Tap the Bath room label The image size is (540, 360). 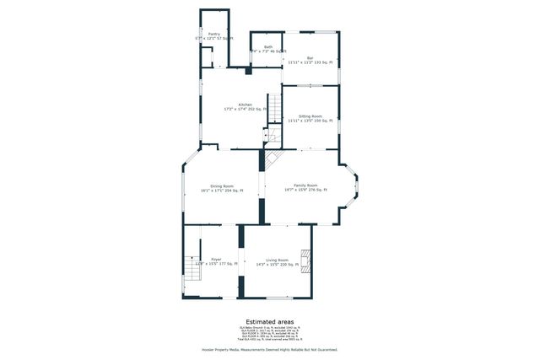(268, 47)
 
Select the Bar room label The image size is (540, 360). (310, 58)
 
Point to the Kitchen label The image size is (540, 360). (245, 105)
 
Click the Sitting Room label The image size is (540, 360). (310, 116)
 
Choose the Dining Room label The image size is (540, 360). (222, 185)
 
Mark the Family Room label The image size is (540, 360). (305, 185)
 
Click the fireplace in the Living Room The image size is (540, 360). (307, 263)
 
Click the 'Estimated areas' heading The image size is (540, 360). (270, 321)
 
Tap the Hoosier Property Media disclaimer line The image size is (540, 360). (270, 348)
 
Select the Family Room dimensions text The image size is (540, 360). (305, 191)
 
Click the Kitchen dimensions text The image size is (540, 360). (245, 110)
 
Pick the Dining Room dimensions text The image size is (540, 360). (222, 191)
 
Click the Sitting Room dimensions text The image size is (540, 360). (310, 121)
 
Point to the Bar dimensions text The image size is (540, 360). (310, 63)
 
